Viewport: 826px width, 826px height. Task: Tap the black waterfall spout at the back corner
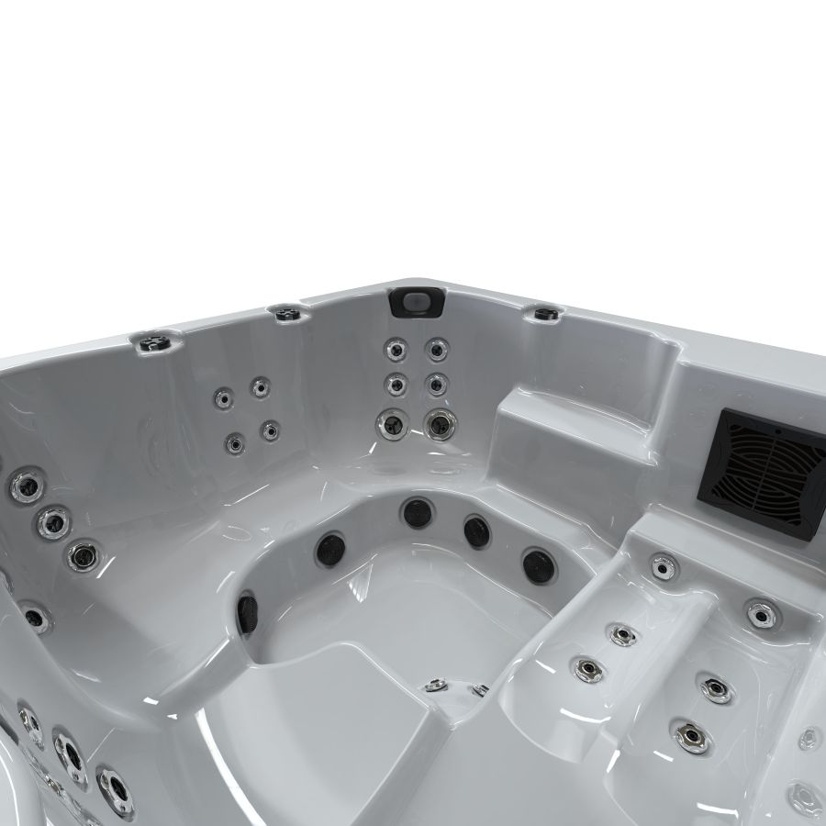click(x=417, y=301)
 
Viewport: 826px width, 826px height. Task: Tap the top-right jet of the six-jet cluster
click(x=437, y=349)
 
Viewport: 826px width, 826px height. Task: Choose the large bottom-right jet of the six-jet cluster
click(x=440, y=424)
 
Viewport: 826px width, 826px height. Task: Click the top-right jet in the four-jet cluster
click(x=261, y=387)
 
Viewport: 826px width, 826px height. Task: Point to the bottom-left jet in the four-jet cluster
click(x=235, y=442)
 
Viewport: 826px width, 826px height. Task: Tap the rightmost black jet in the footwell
click(x=539, y=564)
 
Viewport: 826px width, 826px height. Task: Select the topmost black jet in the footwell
click(x=418, y=512)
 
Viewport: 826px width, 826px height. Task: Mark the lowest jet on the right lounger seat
click(x=690, y=734)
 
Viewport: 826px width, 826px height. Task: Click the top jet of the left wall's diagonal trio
click(x=28, y=486)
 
